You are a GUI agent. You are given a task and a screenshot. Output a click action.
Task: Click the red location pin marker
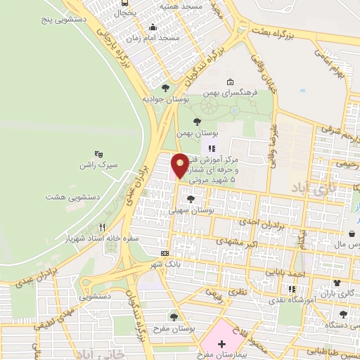pyautogui.click(x=180, y=166)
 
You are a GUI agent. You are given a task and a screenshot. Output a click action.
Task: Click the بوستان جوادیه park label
pyautogui.click(x=163, y=99)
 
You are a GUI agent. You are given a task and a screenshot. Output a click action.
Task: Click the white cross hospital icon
pyautogui.click(x=222, y=344)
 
